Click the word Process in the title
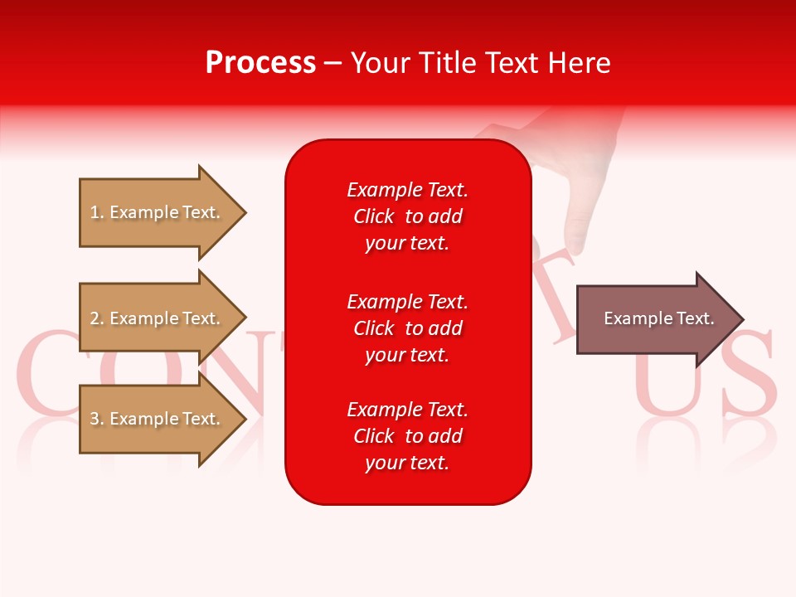pos(260,63)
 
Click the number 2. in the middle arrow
pos(97,318)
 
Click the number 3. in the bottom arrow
pos(97,419)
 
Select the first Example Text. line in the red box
pos(407,190)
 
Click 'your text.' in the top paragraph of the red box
pos(407,244)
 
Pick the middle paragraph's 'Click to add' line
pos(407,328)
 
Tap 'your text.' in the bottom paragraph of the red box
pos(407,463)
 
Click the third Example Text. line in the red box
pos(407,410)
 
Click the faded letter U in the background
pos(667,373)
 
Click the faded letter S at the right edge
pos(750,373)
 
